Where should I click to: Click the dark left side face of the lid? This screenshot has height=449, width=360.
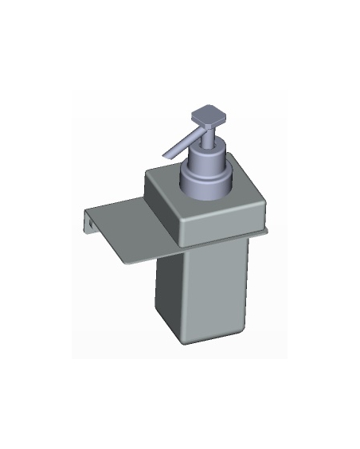162,209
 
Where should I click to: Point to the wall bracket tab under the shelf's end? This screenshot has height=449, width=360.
88,225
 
